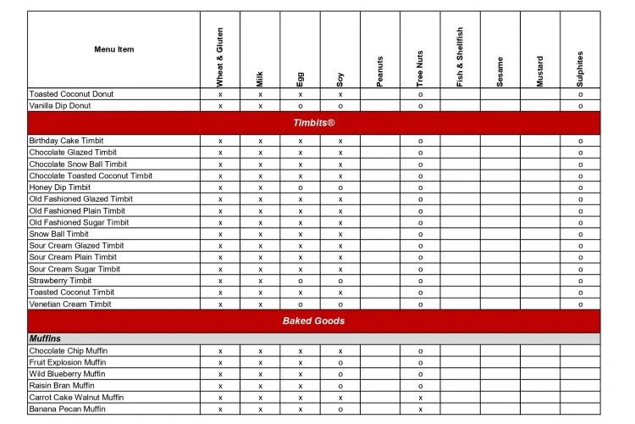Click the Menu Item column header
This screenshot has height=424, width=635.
point(113,49)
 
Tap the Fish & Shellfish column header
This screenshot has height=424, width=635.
point(460,57)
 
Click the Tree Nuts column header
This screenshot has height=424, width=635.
point(420,68)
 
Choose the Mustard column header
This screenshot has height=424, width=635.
point(540,70)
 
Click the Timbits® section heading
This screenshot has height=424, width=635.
point(313,123)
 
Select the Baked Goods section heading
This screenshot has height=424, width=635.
point(313,321)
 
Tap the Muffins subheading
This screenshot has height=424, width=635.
point(45,339)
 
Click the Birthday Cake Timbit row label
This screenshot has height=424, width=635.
point(67,141)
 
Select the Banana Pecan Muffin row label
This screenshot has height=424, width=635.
point(68,409)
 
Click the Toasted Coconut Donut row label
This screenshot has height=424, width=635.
point(71,94)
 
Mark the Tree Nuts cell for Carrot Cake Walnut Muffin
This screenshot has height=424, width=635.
point(420,397)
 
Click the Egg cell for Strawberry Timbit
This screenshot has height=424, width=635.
point(300,281)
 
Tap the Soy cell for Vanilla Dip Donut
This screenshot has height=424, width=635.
point(340,106)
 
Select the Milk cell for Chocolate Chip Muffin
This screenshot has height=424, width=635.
point(260,350)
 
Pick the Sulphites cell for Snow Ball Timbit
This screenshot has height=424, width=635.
point(580,234)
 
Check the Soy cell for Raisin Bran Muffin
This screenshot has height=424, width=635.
point(340,385)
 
